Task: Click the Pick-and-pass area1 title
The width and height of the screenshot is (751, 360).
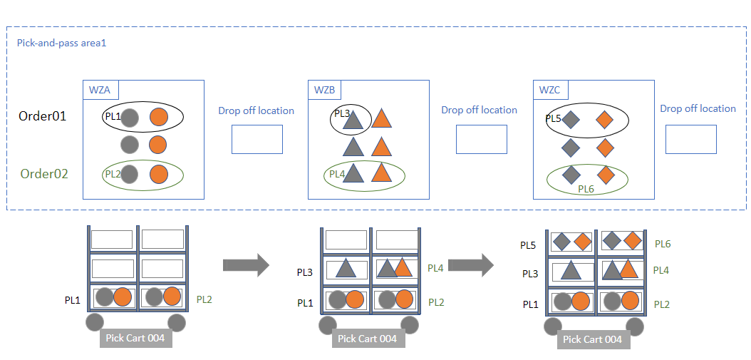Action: click(x=61, y=43)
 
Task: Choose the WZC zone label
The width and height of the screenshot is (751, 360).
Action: click(x=550, y=90)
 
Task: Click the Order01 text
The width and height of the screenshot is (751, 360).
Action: click(x=42, y=116)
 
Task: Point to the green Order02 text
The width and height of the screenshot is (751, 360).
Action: click(x=44, y=173)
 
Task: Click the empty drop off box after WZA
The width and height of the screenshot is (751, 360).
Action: click(x=257, y=139)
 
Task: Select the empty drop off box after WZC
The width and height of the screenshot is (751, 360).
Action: click(x=690, y=139)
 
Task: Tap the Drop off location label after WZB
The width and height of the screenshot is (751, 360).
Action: click(x=479, y=110)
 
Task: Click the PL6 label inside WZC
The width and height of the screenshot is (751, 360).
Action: click(x=586, y=189)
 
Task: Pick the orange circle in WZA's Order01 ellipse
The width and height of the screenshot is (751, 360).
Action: click(x=158, y=118)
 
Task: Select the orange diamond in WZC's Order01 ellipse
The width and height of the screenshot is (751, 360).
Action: click(x=604, y=120)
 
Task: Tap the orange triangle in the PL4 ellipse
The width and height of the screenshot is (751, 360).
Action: click(x=382, y=173)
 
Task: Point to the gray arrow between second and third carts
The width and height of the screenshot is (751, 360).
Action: click(x=470, y=265)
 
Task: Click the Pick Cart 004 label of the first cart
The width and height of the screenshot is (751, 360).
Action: click(x=135, y=338)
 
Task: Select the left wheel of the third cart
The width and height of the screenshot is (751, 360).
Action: click(x=552, y=326)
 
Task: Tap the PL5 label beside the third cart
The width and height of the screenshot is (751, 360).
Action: click(x=528, y=245)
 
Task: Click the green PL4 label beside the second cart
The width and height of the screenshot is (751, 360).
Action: click(x=437, y=268)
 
